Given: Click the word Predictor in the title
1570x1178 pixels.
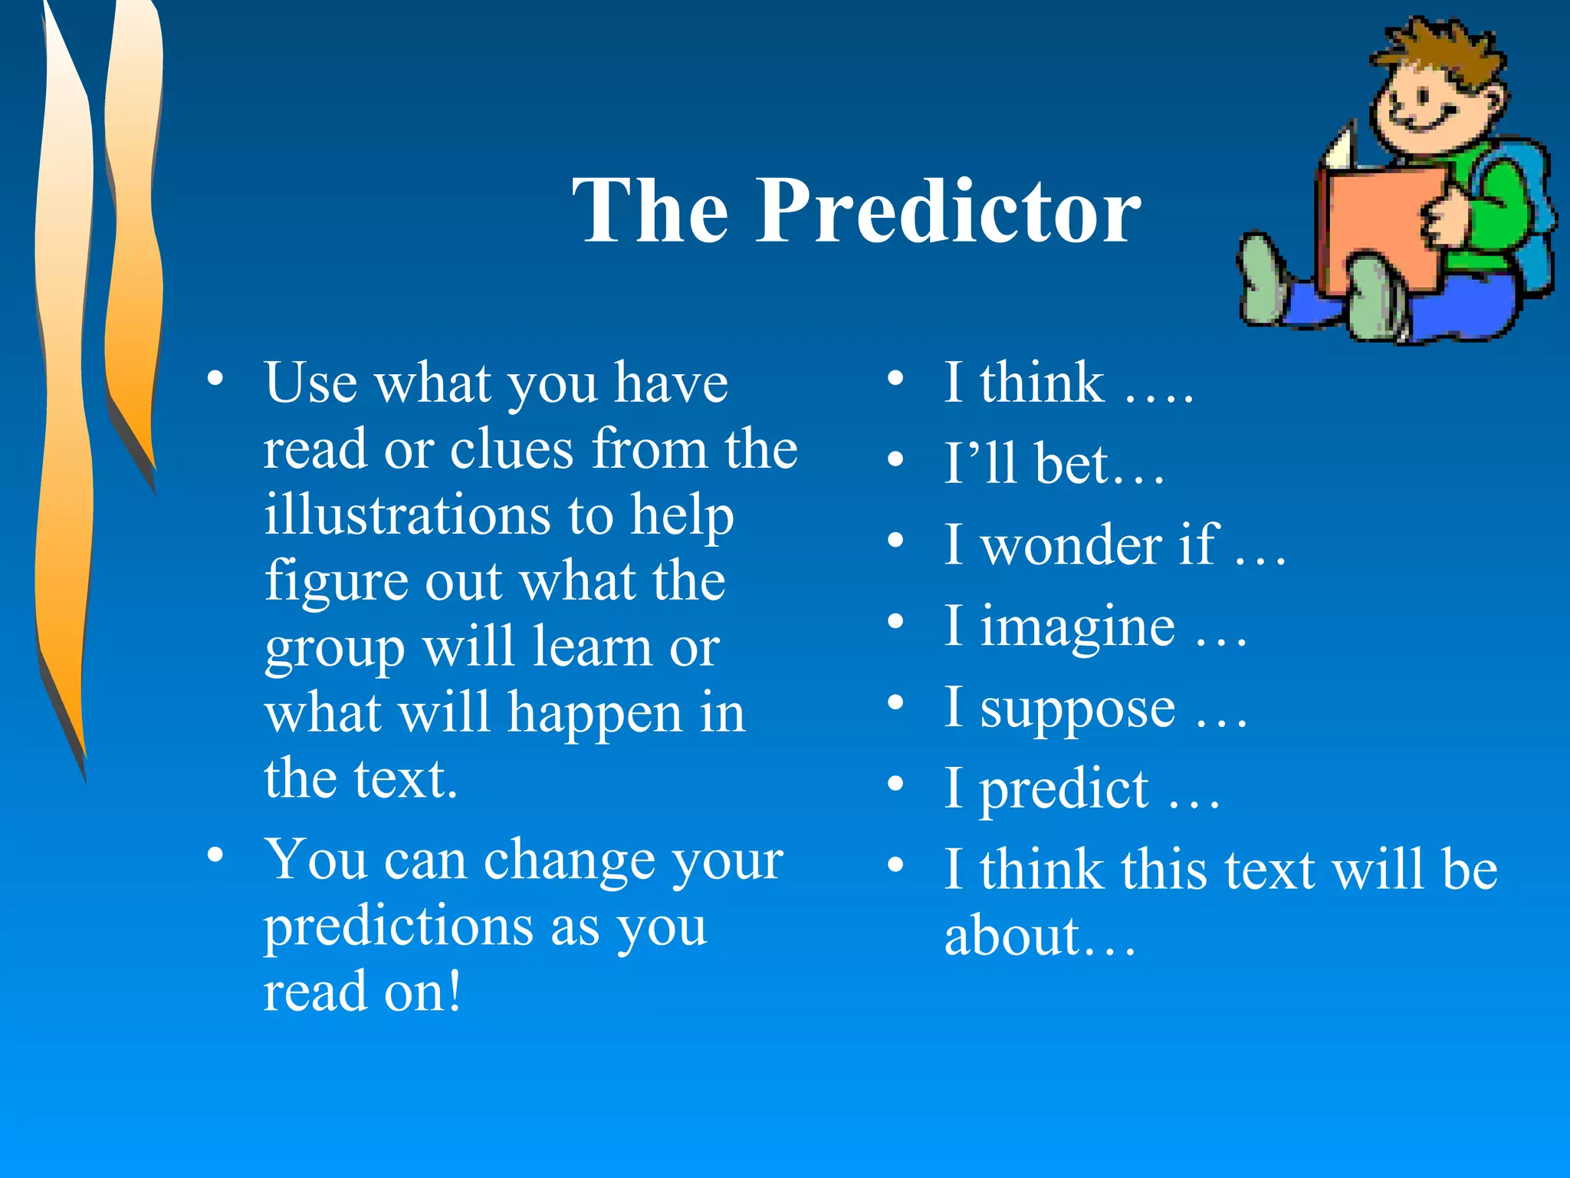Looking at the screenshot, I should click(x=949, y=211).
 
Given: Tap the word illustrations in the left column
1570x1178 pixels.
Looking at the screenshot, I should click(x=406, y=515).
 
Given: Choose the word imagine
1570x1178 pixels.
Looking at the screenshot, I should click(x=1077, y=627).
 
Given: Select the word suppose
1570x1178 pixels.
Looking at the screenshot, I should click(x=1077, y=709).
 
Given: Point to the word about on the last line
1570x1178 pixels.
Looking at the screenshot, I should click(x=1012, y=936).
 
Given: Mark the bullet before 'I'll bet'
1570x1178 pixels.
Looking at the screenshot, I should click(x=895, y=459).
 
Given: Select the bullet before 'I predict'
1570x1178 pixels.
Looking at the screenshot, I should click(x=895, y=785).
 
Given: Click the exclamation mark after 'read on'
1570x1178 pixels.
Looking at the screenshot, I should click(x=454, y=990).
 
